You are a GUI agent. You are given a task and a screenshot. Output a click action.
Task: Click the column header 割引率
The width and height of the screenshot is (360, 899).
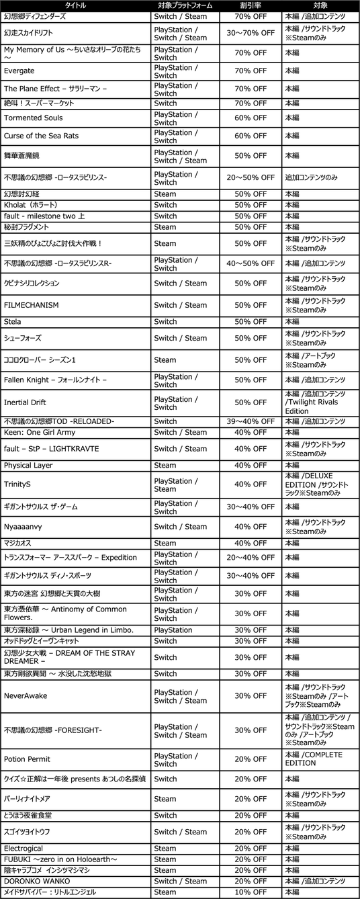pos(250,5)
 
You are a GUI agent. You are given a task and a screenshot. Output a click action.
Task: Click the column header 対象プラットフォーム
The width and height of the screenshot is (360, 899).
pos(184,5)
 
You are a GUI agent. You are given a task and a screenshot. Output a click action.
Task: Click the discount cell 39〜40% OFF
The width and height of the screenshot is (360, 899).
pos(250,421)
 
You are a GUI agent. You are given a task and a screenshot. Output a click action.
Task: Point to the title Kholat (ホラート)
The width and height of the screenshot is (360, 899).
pos(30,205)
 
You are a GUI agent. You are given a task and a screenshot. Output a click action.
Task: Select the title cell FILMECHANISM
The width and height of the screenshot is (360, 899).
pos(31,305)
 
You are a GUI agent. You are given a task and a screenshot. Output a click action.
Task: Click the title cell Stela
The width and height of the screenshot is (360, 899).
pos(12,322)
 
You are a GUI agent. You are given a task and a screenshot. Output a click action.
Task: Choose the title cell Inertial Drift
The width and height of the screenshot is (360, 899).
pos(26,402)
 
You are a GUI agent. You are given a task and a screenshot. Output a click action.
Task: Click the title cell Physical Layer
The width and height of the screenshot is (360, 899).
pos(28,466)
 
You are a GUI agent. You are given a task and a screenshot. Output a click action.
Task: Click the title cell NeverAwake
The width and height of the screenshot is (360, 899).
pos(25,696)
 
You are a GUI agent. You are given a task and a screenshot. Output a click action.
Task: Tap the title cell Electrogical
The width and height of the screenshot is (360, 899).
pos(24,849)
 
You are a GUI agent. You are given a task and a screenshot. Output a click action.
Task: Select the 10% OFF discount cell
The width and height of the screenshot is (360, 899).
pos(250,892)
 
